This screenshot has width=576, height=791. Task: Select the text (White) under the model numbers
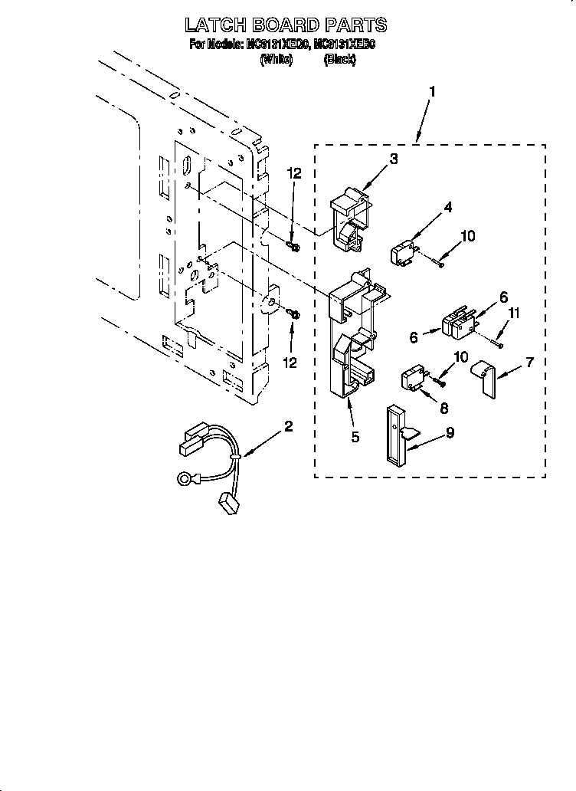click(277, 58)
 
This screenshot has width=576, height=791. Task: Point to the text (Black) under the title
click(339, 58)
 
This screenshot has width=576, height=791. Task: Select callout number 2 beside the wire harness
click(288, 427)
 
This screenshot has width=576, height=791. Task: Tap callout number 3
click(393, 159)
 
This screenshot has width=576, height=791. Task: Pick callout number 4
click(448, 206)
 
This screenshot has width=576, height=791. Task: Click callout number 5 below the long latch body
click(355, 438)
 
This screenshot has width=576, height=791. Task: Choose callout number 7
click(529, 361)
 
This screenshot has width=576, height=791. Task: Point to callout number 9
click(450, 432)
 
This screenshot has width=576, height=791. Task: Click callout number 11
click(514, 312)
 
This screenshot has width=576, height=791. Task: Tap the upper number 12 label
click(295, 175)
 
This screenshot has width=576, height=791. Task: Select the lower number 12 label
click(290, 362)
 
